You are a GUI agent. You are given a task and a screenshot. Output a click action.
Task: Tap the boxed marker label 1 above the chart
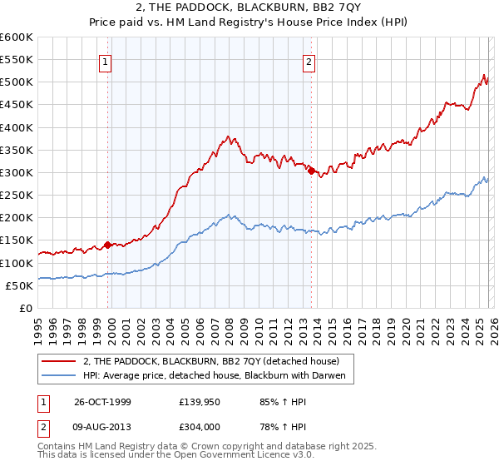(107, 61)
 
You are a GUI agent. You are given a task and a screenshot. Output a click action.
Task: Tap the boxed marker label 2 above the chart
(309, 61)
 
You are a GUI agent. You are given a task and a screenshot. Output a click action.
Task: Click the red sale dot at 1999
(107, 245)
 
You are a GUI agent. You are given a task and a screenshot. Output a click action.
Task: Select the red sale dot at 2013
(310, 171)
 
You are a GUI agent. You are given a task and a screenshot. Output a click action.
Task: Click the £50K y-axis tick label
(20, 286)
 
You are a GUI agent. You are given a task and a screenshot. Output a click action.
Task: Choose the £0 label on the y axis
(27, 309)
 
